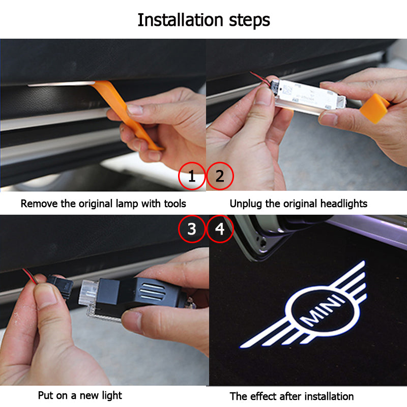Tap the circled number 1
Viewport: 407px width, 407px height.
192,177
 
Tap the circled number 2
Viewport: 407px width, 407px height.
220,177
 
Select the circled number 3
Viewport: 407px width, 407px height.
192,229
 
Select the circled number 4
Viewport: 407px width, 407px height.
220,229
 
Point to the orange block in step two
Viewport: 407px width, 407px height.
374,108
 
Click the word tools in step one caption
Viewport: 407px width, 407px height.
172,204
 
